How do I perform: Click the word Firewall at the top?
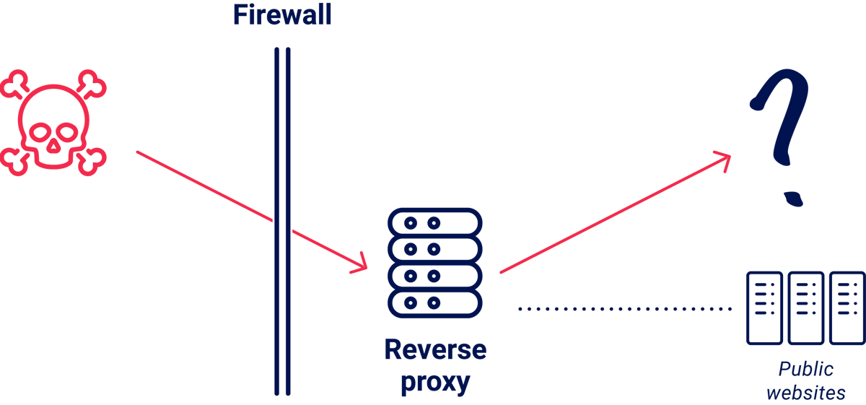point(281,16)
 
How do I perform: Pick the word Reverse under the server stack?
point(434,351)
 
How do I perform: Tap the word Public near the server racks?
point(805,370)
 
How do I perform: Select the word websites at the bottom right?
point(805,394)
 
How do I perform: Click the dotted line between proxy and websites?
point(624,309)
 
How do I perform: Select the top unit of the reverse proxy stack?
point(434,222)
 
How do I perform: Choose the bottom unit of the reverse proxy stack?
point(434,301)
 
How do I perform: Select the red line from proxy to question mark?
point(613,214)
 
